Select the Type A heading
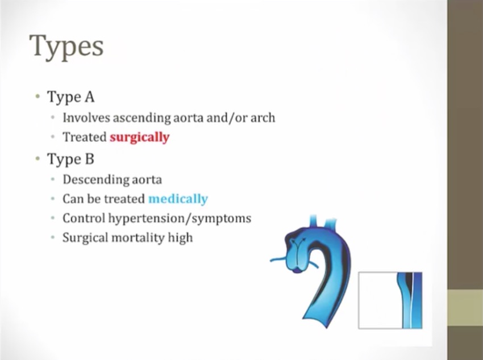pyautogui.click(x=70, y=98)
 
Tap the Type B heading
pyautogui.click(x=70, y=160)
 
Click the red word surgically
pyautogui.click(x=139, y=137)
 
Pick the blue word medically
pyautogui.click(x=178, y=199)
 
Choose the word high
pyautogui.click(x=180, y=238)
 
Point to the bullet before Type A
pyautogui.click(x=37, y=97)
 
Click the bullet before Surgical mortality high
pyautogui.click(x=52, y=237)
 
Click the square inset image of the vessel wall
pyautogui.click(x=390, y=300)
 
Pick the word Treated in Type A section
pyautogui.click(x=84, y=137)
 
